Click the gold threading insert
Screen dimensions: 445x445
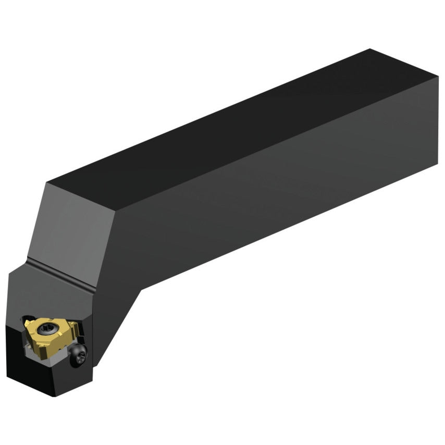pos(50,333)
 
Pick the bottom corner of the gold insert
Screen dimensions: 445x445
pos(39,348)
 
